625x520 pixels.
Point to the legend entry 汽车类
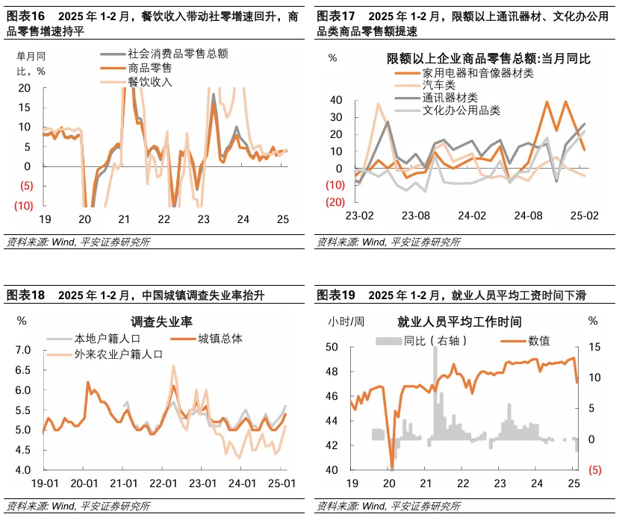pyautogui.click(x=438, y=85)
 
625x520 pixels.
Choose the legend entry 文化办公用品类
pyautogui.click(x=461, y=110)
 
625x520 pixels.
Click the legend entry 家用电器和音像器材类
pyautogui.click(x=477, y=72)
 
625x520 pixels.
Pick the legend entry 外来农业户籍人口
pyautogui.click(x=117, y=354)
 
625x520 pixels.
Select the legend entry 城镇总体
pyautogui.click(x=220, y=339)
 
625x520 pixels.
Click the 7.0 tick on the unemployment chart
pyautogui.click(x=24, y=350)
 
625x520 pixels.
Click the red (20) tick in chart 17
pyautogui.click(x=335, y=201)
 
